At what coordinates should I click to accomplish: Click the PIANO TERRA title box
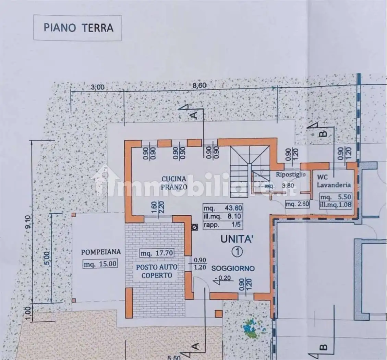coord(78,28)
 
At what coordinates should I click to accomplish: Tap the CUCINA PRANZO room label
coord(174,183)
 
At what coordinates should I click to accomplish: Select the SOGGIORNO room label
coord(233,268)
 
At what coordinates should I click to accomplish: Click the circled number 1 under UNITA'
coord(237,252)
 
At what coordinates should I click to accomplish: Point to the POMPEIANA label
coord(101,252)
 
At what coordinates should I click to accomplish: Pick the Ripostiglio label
coord(291,175)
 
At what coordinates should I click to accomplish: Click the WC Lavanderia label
coord(334,181)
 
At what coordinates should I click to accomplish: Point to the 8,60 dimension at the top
coord(200,86)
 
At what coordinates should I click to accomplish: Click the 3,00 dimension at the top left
coord(97,87)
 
